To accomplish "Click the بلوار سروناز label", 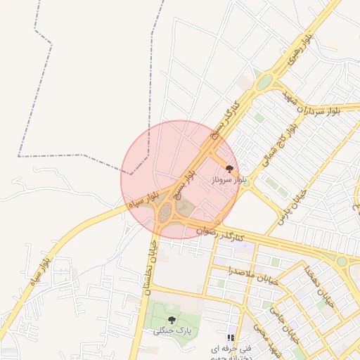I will pos(230,181).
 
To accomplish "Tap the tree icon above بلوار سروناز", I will pos(229,168).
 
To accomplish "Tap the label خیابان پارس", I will pos(302,204).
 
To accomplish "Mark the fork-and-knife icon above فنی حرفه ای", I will pos(231,338).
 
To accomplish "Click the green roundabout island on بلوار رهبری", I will pos(264,83).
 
